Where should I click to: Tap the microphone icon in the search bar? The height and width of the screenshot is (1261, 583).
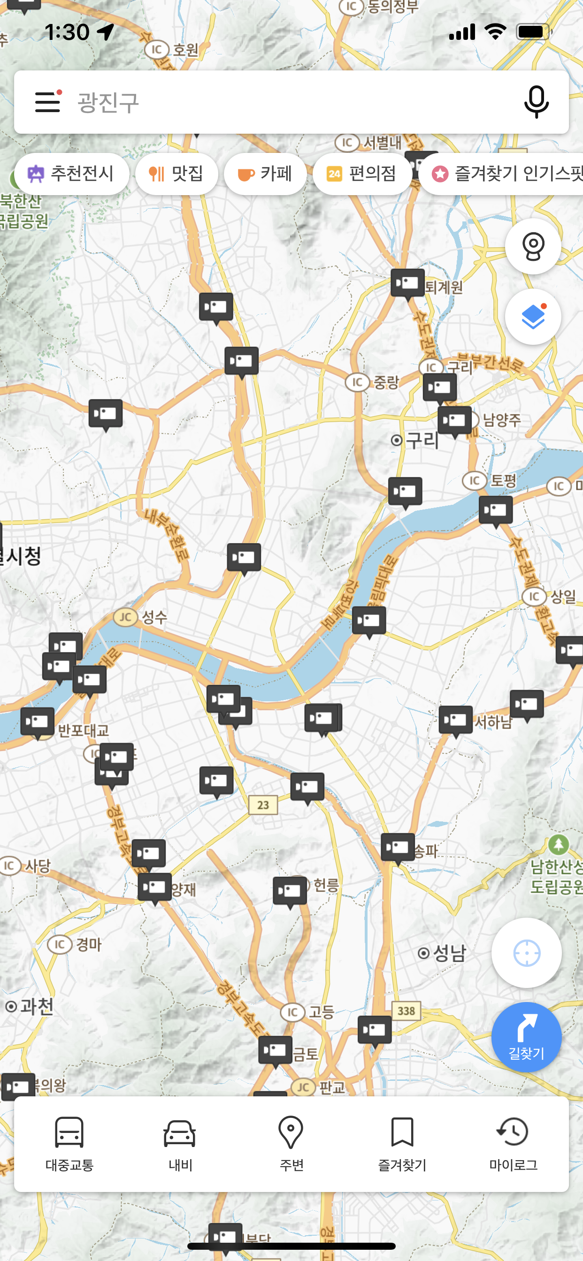536,102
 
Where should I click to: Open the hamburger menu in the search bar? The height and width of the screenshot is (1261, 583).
48,102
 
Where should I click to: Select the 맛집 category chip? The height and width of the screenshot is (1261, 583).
176,174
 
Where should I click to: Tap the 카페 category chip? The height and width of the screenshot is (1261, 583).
265,174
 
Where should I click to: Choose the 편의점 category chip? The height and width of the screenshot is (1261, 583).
362,174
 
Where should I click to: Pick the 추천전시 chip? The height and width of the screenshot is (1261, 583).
71,174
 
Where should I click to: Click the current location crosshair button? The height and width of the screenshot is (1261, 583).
526,953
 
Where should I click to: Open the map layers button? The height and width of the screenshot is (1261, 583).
532,317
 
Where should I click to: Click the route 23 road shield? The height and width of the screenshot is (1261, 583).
263,805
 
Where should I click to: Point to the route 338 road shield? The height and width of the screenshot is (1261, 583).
406,1010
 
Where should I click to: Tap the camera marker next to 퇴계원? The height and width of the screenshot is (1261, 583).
407,283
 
